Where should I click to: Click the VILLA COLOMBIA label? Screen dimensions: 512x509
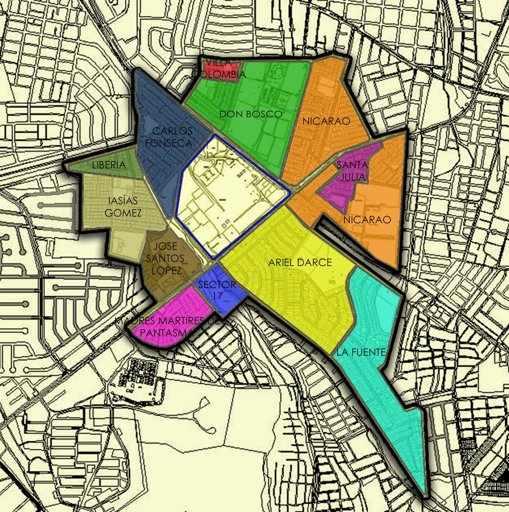coord(219,68)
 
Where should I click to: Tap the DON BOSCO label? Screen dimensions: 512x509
coord(250,114)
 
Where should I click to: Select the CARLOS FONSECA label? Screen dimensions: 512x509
coord(169,137)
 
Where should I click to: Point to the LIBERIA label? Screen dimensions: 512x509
coord(109,165)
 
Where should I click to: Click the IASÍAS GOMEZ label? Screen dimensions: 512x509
coord(123,207)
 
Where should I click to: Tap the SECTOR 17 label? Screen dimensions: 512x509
coord(217,290)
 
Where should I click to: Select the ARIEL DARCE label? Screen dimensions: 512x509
coord(300,262)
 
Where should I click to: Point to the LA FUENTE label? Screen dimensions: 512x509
coord(361,352)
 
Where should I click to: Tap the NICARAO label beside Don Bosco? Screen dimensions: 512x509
coord(326,121)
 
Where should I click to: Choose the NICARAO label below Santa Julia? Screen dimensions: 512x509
coord(367,220)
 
